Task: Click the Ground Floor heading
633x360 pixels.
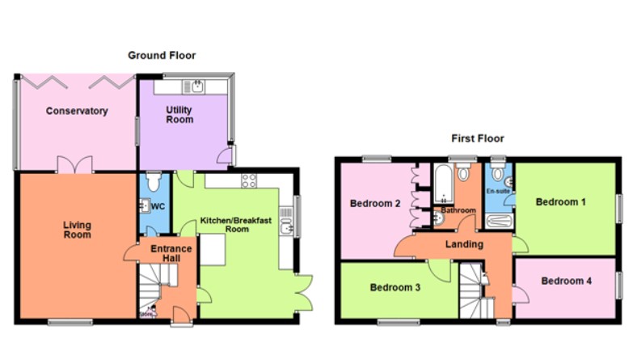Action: [x=162, y=55]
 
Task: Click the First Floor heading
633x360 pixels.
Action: [x=476, y=139]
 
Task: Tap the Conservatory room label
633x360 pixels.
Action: [x=77, y=111]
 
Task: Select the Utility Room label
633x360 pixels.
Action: [x=179, y=114]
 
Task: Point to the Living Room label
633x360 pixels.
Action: [x=78, y=230]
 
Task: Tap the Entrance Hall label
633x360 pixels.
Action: [x=171, y=253]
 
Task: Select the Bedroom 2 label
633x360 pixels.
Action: [x=375, y=204]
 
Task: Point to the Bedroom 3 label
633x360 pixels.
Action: [x=395, y=287]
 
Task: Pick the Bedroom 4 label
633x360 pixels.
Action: [x=567, y=281]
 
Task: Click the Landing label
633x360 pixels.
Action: [x=464, y=244]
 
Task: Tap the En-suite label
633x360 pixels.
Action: [x=497, y=192]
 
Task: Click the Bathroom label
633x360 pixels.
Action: [x=458, y=210]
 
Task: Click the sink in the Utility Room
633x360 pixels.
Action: [x=196, y=85]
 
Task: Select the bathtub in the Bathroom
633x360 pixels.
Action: [x=442, y=187]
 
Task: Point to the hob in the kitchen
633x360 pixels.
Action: [x=248, y=180]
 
